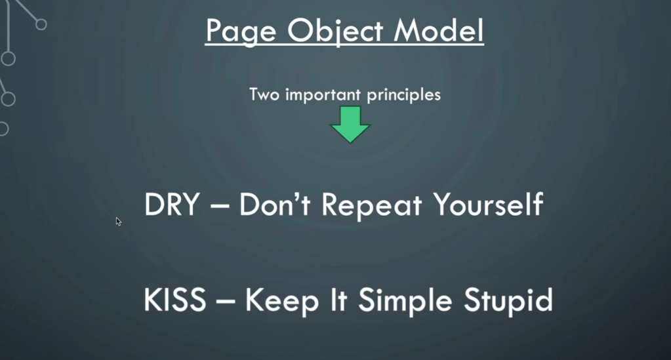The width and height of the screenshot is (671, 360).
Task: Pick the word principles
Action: (x=403, y=95)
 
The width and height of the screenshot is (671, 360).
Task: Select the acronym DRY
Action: (x=171, y=205)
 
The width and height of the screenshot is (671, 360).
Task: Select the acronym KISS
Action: (x=174, y=301)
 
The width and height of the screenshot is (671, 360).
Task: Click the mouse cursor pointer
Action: (x=119, y=222)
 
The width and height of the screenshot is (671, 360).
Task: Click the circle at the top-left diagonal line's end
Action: (x=41, y=24)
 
